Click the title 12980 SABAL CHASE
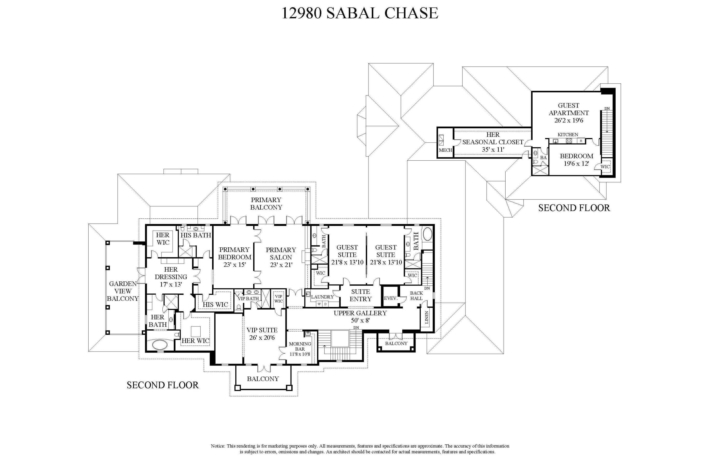[360, 13]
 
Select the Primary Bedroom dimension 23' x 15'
[234, 265]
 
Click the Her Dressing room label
[171, 273]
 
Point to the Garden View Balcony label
[123, 291]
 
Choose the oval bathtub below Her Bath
[160, 345]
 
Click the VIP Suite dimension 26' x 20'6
[262, 338]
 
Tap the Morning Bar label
[300, 346]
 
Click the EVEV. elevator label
[390, 298]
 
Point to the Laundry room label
[322, 297]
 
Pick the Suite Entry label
[361, 295]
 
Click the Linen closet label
[426, 317]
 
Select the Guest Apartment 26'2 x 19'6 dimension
[569, 120]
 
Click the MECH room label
[445, 150]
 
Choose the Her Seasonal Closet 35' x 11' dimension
[493, 149]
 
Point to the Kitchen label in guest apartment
[568, 135]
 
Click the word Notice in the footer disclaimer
[218, 446]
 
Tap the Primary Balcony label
[266, 203]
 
